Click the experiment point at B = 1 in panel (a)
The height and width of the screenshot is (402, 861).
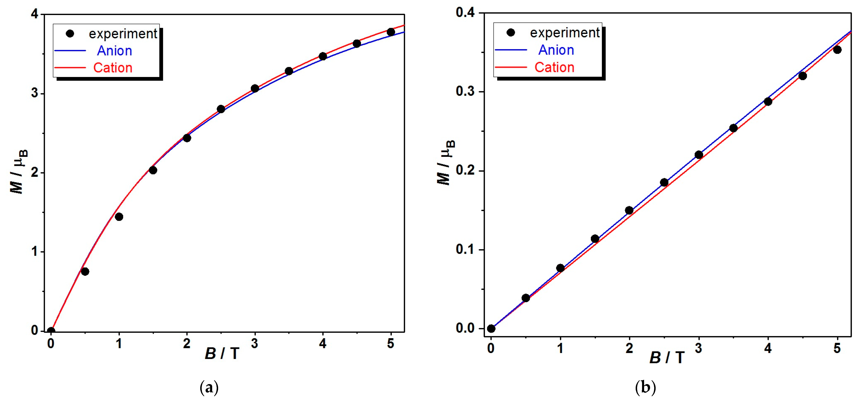coord(119,217)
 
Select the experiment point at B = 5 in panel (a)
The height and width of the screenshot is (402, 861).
coord(391,32)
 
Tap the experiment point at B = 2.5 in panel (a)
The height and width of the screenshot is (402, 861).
coord(221,109)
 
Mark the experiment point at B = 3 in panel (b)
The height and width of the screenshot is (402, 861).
coord(699,155)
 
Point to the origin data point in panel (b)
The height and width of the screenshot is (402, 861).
coord(491,329)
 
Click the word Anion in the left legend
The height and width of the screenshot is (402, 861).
coord(114,51)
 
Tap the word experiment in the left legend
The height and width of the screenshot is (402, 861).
coord(123,34)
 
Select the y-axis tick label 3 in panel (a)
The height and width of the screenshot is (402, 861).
coord(35,93)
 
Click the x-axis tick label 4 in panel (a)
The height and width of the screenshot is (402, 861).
coord(322,344)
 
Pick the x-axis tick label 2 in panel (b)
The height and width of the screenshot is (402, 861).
coord(629,348)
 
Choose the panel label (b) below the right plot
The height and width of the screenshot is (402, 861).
coord(645,388)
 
